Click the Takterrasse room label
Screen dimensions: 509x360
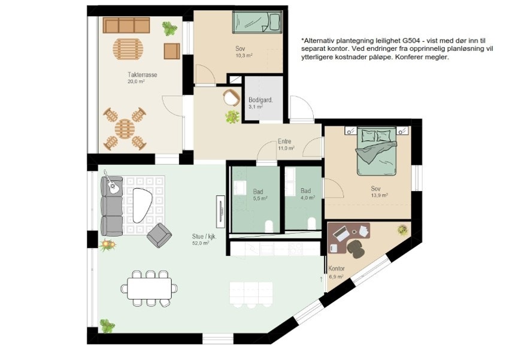142,75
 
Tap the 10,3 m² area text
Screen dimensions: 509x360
244,56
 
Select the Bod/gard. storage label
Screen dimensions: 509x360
260,100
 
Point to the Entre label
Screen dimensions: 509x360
284,141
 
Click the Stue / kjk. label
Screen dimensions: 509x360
204,237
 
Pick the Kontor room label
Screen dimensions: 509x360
337,269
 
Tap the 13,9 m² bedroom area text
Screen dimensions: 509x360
380,195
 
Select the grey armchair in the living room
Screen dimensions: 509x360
159,235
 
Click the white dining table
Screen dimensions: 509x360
149,289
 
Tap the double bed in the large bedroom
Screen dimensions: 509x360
377,151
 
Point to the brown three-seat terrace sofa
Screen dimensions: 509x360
126,25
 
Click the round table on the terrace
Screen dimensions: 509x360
125,129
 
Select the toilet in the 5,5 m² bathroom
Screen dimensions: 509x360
269,226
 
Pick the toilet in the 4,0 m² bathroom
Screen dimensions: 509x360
311,223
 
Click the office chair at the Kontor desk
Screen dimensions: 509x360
356,249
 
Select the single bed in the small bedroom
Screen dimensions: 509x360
257,22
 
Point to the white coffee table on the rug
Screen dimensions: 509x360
142,205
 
